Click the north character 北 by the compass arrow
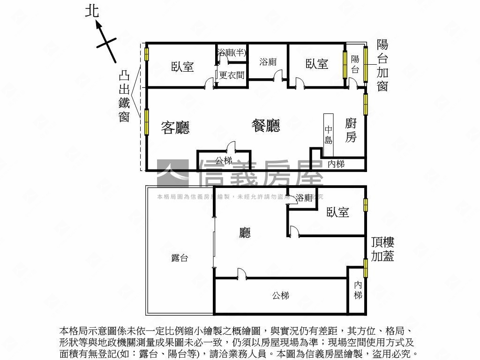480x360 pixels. pos(92,11)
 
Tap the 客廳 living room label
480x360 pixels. pos(175,127)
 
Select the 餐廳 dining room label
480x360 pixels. pos(266,125)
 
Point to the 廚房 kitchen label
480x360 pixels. pos(351,130)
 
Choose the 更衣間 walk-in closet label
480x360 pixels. pos(232,75)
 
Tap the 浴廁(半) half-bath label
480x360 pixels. pos(232,52)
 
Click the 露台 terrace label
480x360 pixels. pos(180,257)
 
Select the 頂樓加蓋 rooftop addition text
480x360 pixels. pos(382,249)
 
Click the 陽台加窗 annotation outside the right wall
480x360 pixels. pos(382,65)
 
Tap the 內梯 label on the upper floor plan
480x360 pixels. pos(336,164)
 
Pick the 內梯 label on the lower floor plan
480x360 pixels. pos(358,290)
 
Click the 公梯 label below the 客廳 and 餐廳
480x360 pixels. pos(224,160)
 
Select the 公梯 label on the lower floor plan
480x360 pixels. pos(280,295)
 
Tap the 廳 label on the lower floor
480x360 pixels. pos(244,232)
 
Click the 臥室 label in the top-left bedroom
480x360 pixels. pos(182,67)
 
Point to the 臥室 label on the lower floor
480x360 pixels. pos(337,212)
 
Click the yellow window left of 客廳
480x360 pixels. pos(146,122)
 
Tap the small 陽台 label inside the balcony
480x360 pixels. pos(355,64)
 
